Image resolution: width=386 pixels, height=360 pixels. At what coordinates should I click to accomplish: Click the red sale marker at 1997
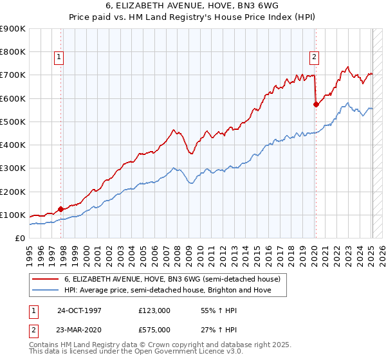[61, 208]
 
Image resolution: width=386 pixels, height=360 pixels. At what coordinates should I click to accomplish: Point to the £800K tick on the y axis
[13, 51]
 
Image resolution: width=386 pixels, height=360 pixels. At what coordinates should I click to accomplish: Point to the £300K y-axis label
[13, 168]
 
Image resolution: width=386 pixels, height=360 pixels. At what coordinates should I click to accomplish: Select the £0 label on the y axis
[19, 238]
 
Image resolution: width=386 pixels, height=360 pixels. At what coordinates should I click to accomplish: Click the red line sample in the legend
[46, 280]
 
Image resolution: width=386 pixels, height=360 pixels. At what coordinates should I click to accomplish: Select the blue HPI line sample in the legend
[46, 291]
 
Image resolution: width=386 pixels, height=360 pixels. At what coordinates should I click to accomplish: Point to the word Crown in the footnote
[159, 345]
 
